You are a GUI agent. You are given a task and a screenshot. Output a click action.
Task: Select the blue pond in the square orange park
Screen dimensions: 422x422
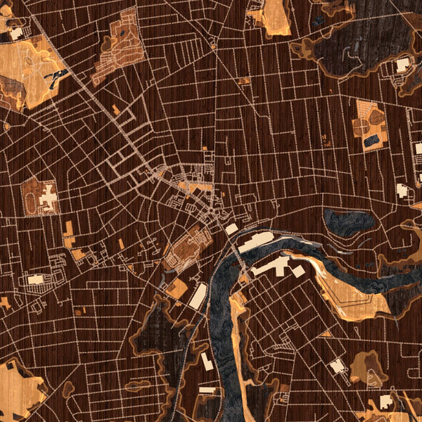[x=371, y=141]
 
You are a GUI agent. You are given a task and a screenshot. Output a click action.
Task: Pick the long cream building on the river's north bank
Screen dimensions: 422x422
[x=256, y=242]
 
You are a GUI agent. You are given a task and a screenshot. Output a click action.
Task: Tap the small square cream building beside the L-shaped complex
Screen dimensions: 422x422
[x=299, y=271]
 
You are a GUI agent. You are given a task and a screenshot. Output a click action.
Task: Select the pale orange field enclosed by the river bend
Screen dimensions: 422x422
[x=352, y=292]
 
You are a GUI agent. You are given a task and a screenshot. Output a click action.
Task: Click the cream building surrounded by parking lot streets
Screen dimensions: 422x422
[x=35, y=279]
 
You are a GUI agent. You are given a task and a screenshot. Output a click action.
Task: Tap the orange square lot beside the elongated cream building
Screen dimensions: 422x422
[x=178, y=288]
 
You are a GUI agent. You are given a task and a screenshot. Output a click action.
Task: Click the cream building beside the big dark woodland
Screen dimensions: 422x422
[x=402, y=65]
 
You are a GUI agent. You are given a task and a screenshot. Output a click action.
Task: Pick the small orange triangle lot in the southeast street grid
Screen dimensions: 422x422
[x=326, y=333]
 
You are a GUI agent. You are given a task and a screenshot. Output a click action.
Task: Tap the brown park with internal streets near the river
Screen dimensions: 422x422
[x=188, y=246]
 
